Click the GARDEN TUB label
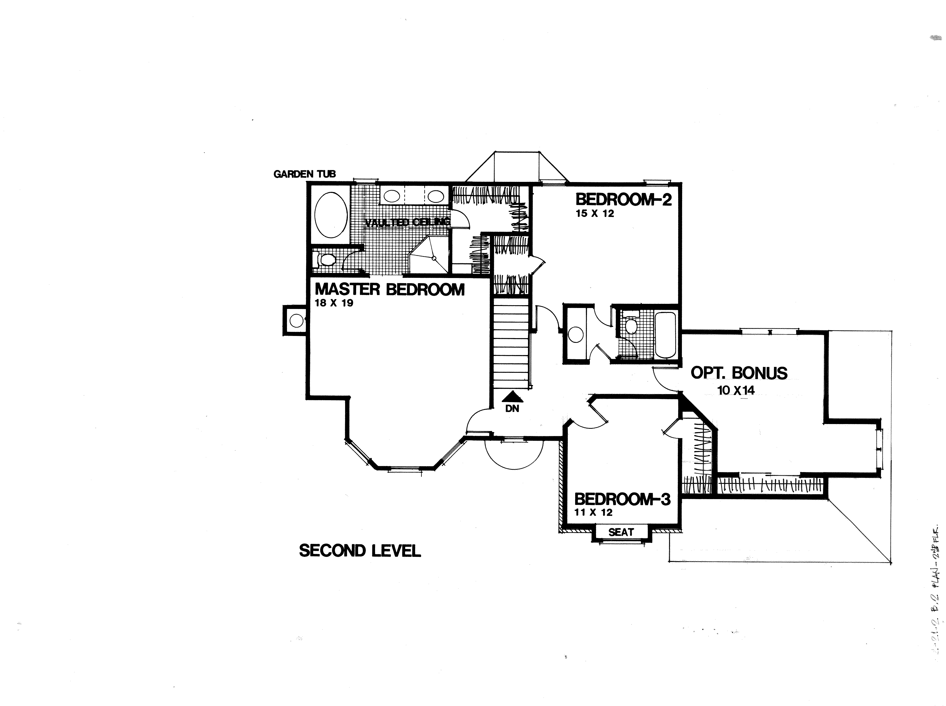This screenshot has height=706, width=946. [304, 174]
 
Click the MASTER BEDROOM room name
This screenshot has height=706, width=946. [389, 290]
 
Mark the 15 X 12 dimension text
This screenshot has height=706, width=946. [595, 214]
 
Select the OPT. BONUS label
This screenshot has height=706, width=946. [739, 373]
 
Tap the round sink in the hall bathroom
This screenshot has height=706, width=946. [576, 335]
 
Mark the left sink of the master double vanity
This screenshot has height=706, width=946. [392, 196]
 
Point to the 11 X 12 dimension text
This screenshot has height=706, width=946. [593, 512]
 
